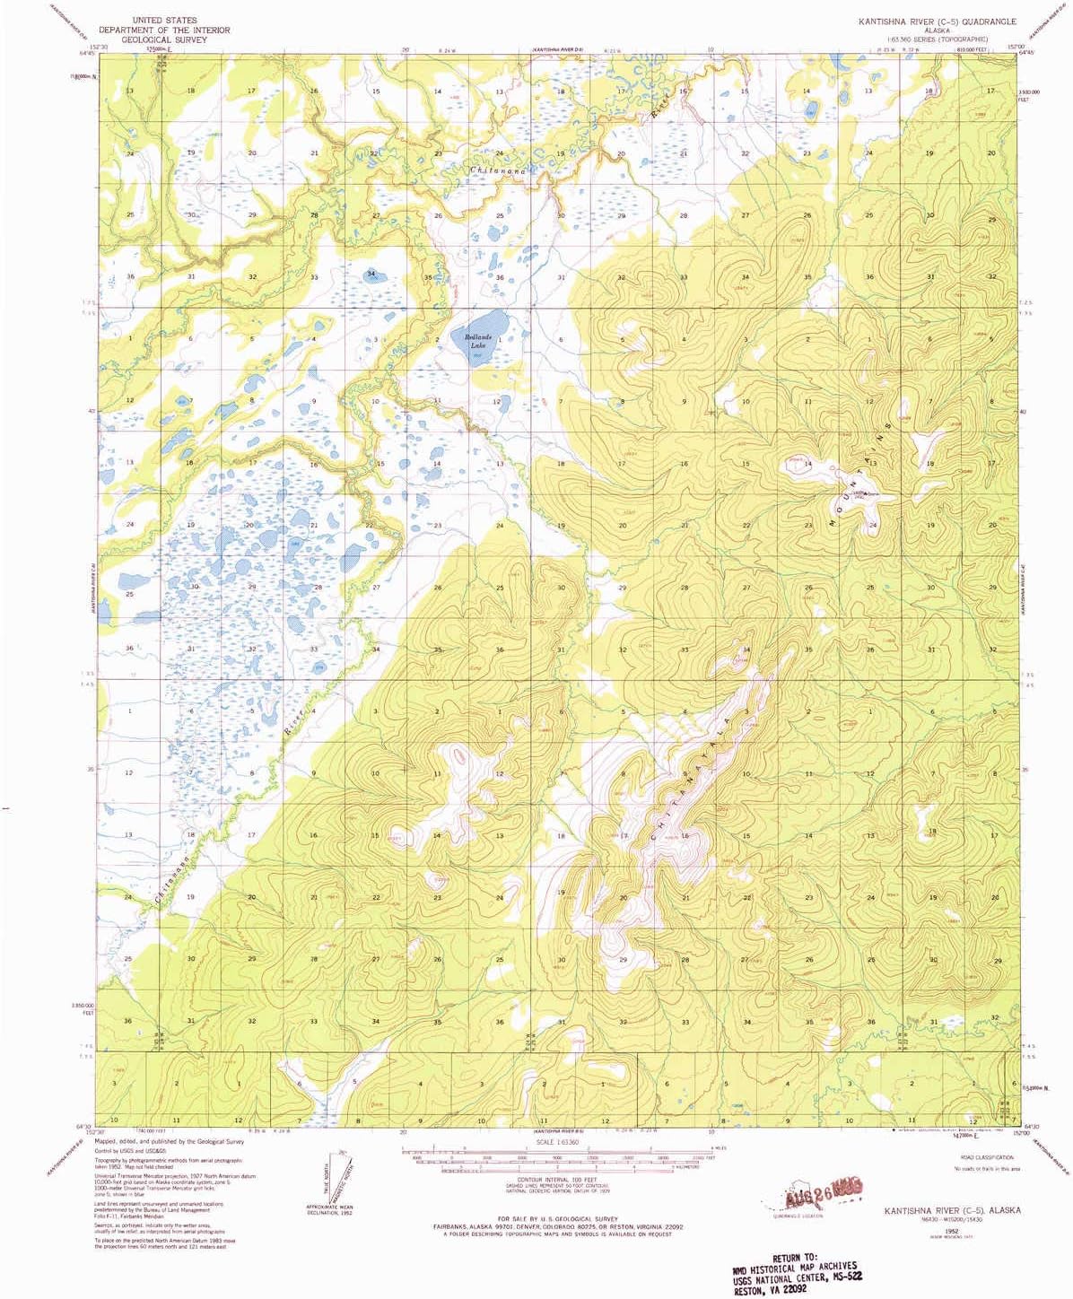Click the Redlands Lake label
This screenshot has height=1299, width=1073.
477,341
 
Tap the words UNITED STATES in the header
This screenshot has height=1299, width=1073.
164,20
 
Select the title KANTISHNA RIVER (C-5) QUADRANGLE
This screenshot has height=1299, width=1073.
937,21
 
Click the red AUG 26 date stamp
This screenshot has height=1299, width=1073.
823,1190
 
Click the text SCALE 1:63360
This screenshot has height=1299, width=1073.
557,1142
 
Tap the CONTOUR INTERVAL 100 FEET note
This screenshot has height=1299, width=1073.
557,1180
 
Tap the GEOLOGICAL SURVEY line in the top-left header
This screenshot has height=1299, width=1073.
164,40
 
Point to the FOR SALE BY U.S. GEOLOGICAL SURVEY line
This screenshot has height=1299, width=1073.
557,1219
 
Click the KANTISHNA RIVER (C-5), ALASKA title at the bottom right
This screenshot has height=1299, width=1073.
952,1210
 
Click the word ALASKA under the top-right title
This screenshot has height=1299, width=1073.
937,31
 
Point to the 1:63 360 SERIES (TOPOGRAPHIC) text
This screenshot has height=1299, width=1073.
937,39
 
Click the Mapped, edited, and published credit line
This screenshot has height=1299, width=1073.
170,1142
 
